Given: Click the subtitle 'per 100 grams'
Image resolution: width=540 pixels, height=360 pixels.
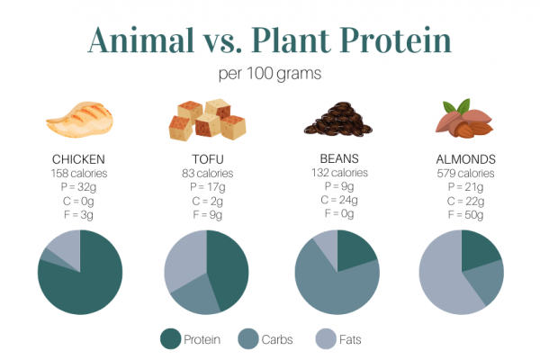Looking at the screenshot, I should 269,74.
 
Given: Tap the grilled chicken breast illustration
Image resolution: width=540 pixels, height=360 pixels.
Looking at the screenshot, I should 80,121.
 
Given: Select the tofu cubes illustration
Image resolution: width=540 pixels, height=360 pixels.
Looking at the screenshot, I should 206,121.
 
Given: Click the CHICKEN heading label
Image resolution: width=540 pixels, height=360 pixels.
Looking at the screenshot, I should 80,159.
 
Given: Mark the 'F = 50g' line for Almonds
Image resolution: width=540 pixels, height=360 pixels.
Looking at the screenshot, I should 462,215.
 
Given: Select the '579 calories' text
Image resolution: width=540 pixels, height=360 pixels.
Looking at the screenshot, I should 462,173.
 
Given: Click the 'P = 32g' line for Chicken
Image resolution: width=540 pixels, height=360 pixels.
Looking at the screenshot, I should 80,187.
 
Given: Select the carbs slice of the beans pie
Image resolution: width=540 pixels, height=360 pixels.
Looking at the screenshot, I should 328,288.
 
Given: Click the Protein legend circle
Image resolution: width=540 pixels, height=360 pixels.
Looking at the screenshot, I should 170,339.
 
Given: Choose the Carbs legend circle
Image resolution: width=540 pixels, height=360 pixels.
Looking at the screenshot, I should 249,339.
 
